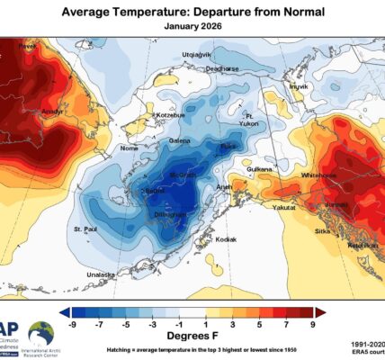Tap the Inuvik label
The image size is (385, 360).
pyautogui.click(x=299, y=86)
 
